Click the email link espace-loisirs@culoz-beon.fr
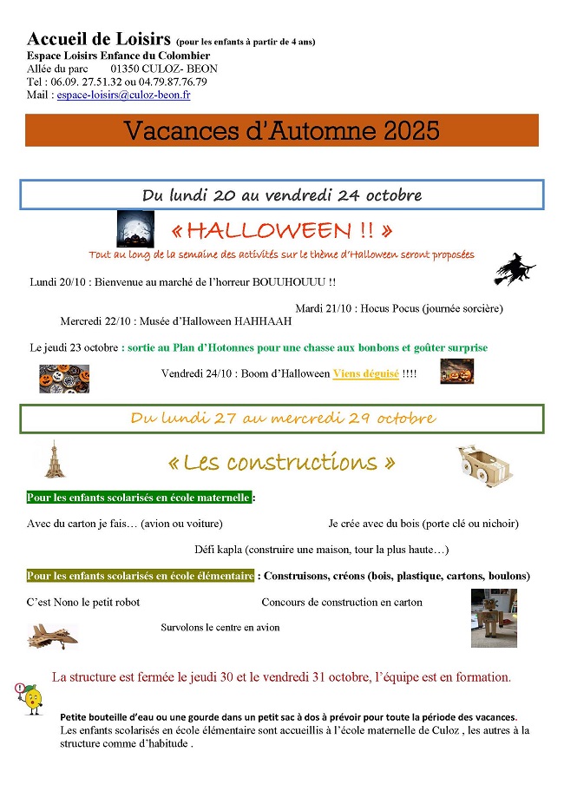click(x=123, y=95)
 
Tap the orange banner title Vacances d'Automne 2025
click(x=282, y=130)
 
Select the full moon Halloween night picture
click(x=135, y=229)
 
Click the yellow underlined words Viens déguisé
click(x=366, y=373)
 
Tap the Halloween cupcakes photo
click(x=64, y=378)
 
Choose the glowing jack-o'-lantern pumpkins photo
click(x=456, y=372)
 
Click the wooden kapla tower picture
click(x=53, y=459)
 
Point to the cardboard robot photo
click(x=494, y=618)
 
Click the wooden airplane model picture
click(x=52, y=636)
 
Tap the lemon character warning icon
click(x=30, y=697)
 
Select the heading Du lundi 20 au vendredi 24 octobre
click(x=282, y=195)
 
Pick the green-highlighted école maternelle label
click(x=139, y=498)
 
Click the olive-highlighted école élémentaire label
click(x=141, y=576)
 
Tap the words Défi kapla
click(x=219, y=550)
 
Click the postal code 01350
click(x=127, y=69)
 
